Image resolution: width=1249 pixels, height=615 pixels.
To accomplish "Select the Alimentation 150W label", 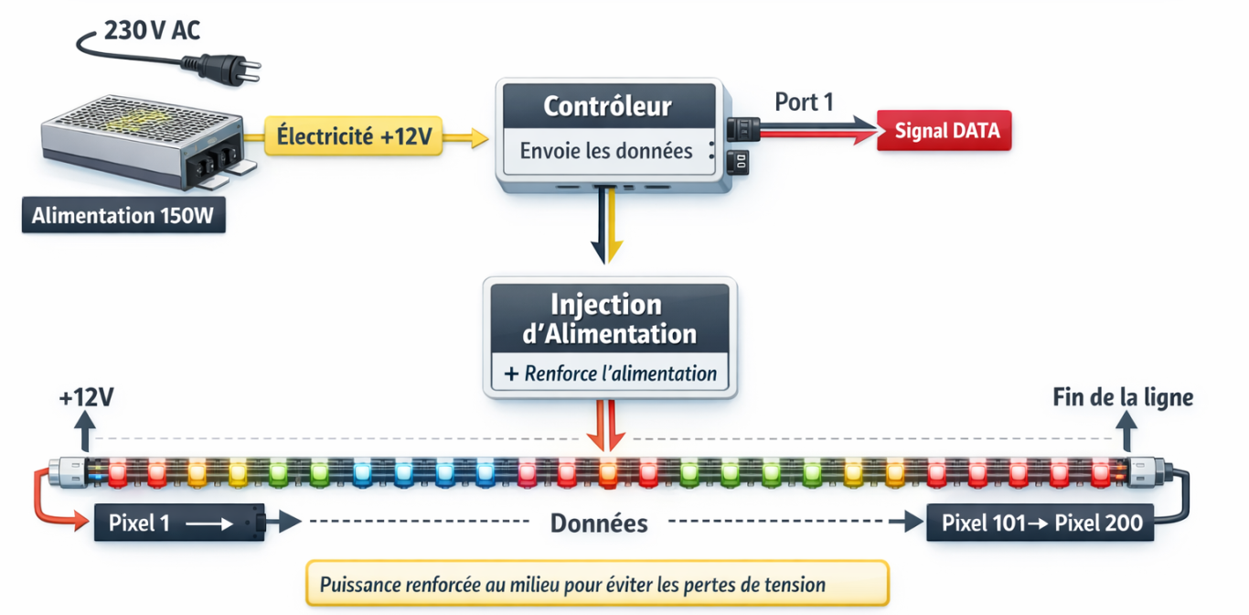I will tap(123, 217).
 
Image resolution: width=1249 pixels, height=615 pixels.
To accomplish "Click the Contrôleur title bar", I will tap(607, 106).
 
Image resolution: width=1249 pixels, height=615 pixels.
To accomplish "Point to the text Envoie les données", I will tap(606, 151).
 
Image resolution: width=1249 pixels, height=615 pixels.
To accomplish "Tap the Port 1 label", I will tap(804, 102).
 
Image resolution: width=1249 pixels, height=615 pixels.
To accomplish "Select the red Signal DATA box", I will tap(944, 131).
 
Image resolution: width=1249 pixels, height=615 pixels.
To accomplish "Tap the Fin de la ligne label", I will tap(1123, 397).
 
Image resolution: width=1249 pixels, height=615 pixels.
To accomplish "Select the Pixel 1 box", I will tap(178, 523).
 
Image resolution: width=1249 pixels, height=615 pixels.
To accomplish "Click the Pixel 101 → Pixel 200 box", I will tap(1041, 523).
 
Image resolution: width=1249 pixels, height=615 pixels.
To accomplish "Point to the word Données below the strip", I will tap(599, 523).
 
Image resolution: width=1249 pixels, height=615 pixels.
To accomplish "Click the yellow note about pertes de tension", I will tap(597, 584).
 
